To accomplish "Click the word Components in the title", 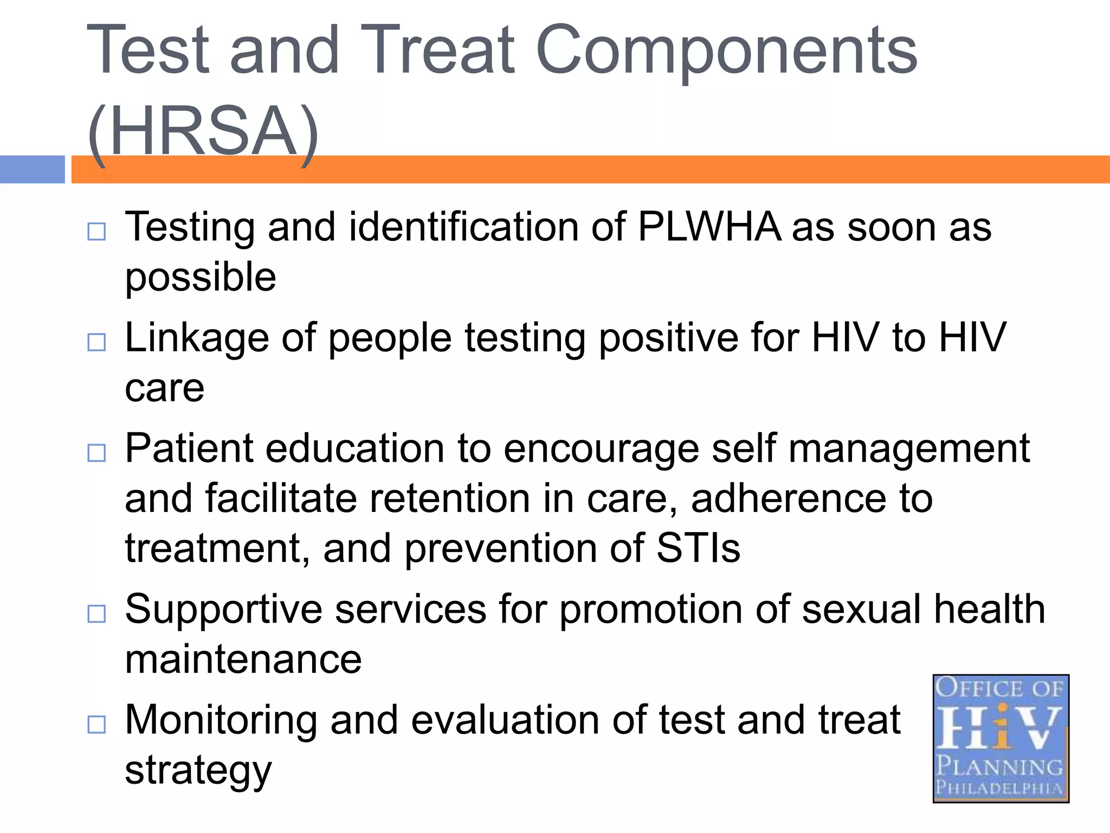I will point(726,52).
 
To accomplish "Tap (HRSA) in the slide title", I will point(203,133).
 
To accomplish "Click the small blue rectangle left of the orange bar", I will point(32,169).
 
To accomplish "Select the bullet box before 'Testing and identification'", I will point(96,232).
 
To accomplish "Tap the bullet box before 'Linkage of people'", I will point(96,342).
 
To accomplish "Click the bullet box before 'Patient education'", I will point(96,453).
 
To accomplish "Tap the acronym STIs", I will point(698,548).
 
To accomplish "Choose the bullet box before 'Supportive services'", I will point(96,614).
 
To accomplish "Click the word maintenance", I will point(243,660).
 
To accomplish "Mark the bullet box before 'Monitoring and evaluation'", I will point(96,724).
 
